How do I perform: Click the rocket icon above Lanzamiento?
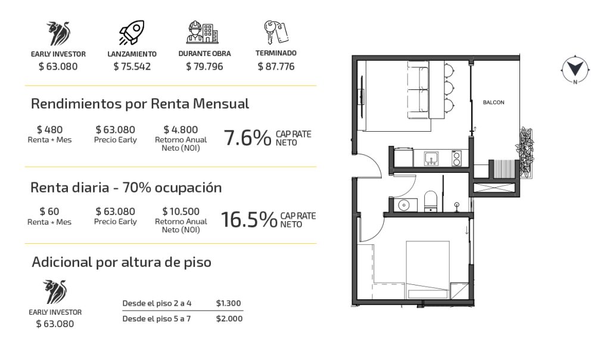pyautogui.click(x=132, y=33)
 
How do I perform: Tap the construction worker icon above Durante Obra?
pyautogui.click(x=203, y=32)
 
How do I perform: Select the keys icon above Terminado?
pyautogui.click(x=275, y=32)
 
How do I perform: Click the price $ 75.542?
pyautogui.click(x=132, y=67)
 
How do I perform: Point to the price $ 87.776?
pyautogui.click(x=276, y=67)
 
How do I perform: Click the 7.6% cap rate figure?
pyautogui.click(x=247, y=138)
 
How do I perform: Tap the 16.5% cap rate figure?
pyautogui.click(x=249, y=219)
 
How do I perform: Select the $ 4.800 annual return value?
pyautogui.click(x=180, y=129)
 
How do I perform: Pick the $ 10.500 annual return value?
pyautogui.click(x=180, y=212)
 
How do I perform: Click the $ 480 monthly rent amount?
pyautogui.click(x=49, y=129)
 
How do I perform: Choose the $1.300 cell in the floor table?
pyautogui.click(x=228, y=303)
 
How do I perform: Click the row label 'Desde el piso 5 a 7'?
pyautogui.click(x=157, y=319)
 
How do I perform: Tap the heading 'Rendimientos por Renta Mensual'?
pyautogui.click(x=139, y=104)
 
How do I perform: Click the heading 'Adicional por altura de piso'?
pyautogui.click(x=122, y=262)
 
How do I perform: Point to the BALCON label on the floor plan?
pyautogui.click(x=493, y=103)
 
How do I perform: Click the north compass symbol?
pyautogui.click(x=575, y=70)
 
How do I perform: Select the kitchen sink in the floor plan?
pyautogui.click(x=431, y=159)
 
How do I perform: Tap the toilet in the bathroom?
pyautogui.click(x=430, y=201)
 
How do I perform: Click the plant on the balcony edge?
pyautogui.click(x=524, y=152)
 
